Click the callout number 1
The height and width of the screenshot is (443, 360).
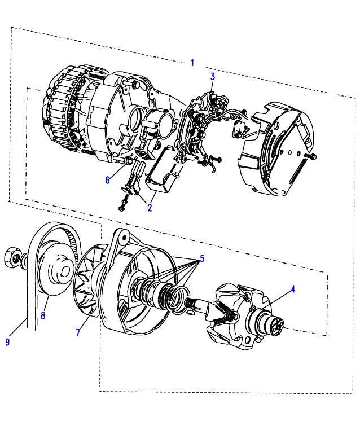(x=192, y=63)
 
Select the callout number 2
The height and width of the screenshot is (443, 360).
(x=150, y=208)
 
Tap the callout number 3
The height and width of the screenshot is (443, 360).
(x=213, y=76)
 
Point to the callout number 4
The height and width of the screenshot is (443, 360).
(x=293, y=289)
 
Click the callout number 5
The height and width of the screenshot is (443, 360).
(x=202, y=258)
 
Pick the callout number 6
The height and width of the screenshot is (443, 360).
(x=107, y=180)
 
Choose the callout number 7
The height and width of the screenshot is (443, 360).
(x=78, y=332)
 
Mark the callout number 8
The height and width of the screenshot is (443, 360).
(x=43, y=315)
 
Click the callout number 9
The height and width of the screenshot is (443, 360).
(x=7, y=342)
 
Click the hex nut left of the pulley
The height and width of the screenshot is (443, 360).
(x=12, y=257)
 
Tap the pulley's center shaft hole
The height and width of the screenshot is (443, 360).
(x=65, y=271)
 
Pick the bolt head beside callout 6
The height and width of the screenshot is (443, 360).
(x=128, y=160)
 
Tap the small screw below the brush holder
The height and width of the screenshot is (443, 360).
(x=122, y=204)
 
